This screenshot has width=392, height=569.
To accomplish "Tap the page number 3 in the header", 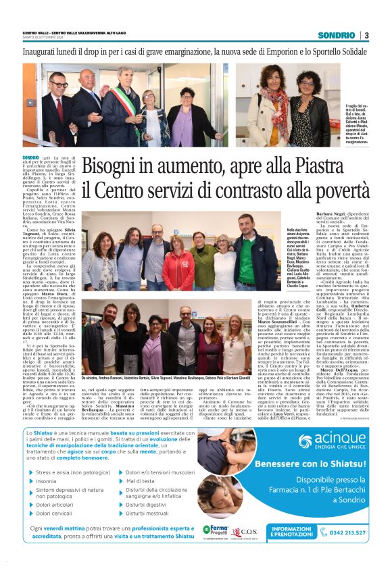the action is pyautogui.click(x=366, y=35).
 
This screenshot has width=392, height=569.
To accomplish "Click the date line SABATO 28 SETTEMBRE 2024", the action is pyautogui.click(x=47, y=39).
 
